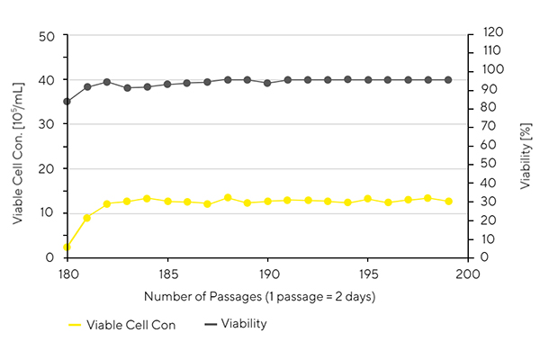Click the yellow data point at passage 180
click(67, 247)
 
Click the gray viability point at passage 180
click(67, 102)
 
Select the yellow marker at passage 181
click(86, 218)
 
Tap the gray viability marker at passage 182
click(107, 82)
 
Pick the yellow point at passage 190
click(267, 202)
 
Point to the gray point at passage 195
click(367, 80)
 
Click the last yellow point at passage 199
click(448, 202)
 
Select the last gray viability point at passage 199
click(448, 80)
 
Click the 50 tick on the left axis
click(49, 36)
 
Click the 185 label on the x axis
click(167, 272)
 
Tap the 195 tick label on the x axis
click(368, 272)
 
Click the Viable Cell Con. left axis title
click(18, 147)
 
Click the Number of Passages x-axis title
click(267, 295)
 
